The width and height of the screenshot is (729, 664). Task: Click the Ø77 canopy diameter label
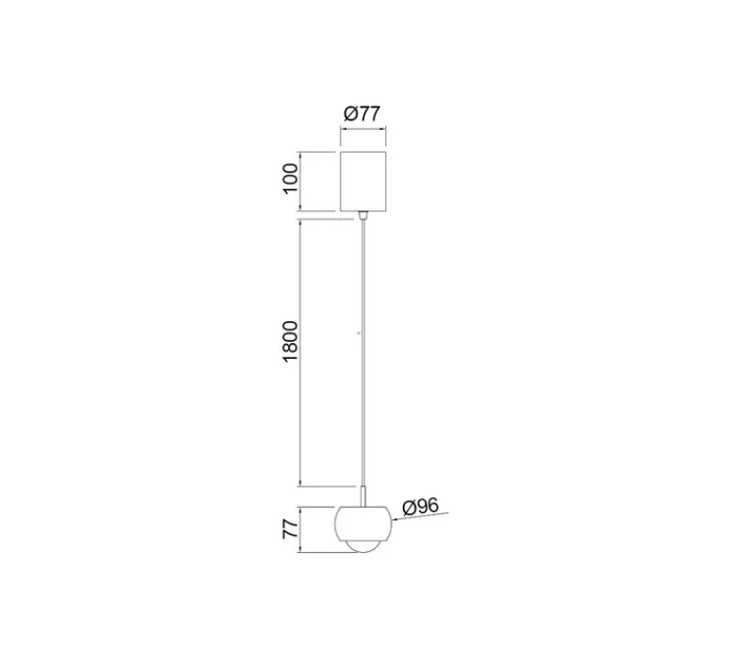coord(363,113)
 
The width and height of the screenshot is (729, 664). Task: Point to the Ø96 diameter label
coord(422,506)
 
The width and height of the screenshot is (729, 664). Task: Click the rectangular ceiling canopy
coord(363,179)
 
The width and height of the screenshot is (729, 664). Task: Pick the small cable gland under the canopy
coord(363,215)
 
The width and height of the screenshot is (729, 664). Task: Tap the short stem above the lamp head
coord(363,497)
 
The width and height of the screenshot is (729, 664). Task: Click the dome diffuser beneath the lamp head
coord(363,547)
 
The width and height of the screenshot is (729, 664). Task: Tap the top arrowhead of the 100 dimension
coord(300,153)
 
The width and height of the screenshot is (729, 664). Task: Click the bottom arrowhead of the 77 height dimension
coord(300,552)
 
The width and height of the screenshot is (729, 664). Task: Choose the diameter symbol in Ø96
coord(409,508)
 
